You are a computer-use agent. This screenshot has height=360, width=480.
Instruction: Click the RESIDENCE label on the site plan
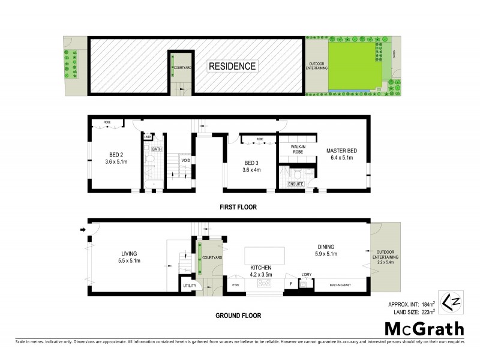232,66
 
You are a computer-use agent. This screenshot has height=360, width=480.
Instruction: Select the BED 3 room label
251,163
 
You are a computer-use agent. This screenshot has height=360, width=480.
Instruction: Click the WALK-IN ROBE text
298,149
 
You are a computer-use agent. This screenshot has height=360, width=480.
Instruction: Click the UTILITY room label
189,286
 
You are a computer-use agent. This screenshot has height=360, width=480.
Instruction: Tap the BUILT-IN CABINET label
341,286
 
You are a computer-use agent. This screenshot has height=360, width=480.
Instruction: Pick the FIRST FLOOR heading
238,207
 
